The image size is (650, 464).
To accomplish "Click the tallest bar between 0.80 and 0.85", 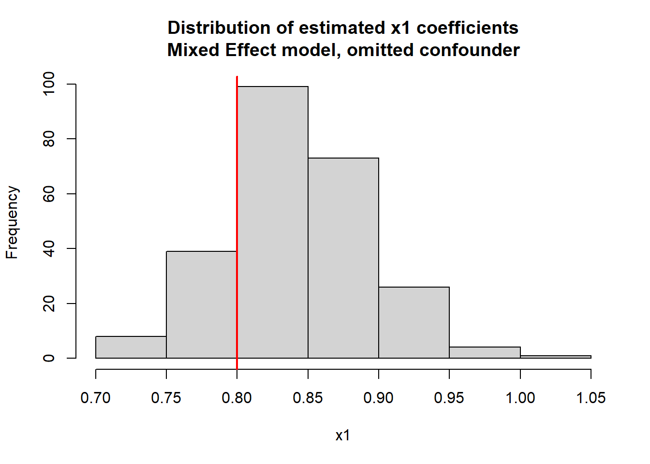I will pos(272,222).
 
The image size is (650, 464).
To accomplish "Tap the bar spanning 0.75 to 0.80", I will pos(202,304).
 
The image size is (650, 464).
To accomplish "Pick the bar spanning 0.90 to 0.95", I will pos(414,322).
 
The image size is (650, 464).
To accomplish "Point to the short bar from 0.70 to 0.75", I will pos(131,347).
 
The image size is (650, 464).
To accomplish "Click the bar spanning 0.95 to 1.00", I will pos(485,352).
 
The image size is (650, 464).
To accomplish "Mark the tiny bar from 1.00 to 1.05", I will pos(556,357).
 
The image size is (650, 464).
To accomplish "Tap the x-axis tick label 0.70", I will pos(96,398).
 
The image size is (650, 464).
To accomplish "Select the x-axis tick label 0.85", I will pos(308,398).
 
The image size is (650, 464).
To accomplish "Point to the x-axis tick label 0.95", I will pos(449,398).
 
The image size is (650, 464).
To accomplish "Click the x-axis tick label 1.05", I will pos(591,398).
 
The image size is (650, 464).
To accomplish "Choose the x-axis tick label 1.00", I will pos(520,398).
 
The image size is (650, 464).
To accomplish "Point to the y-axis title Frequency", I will pos(12,222).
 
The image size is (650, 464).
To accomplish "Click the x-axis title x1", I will pos(343,435).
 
